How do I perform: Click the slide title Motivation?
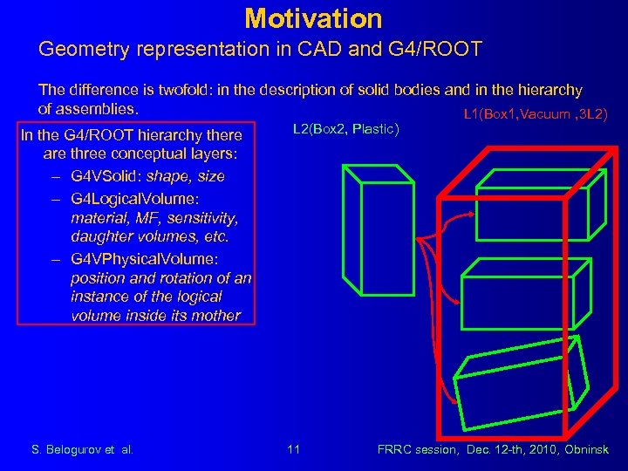point(313,17)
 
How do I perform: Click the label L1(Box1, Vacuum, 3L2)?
point(536,114)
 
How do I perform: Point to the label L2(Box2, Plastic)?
point(345,129)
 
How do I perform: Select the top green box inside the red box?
point(515,213)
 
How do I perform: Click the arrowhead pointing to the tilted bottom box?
point(453,399)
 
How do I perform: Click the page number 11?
point(293,449)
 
